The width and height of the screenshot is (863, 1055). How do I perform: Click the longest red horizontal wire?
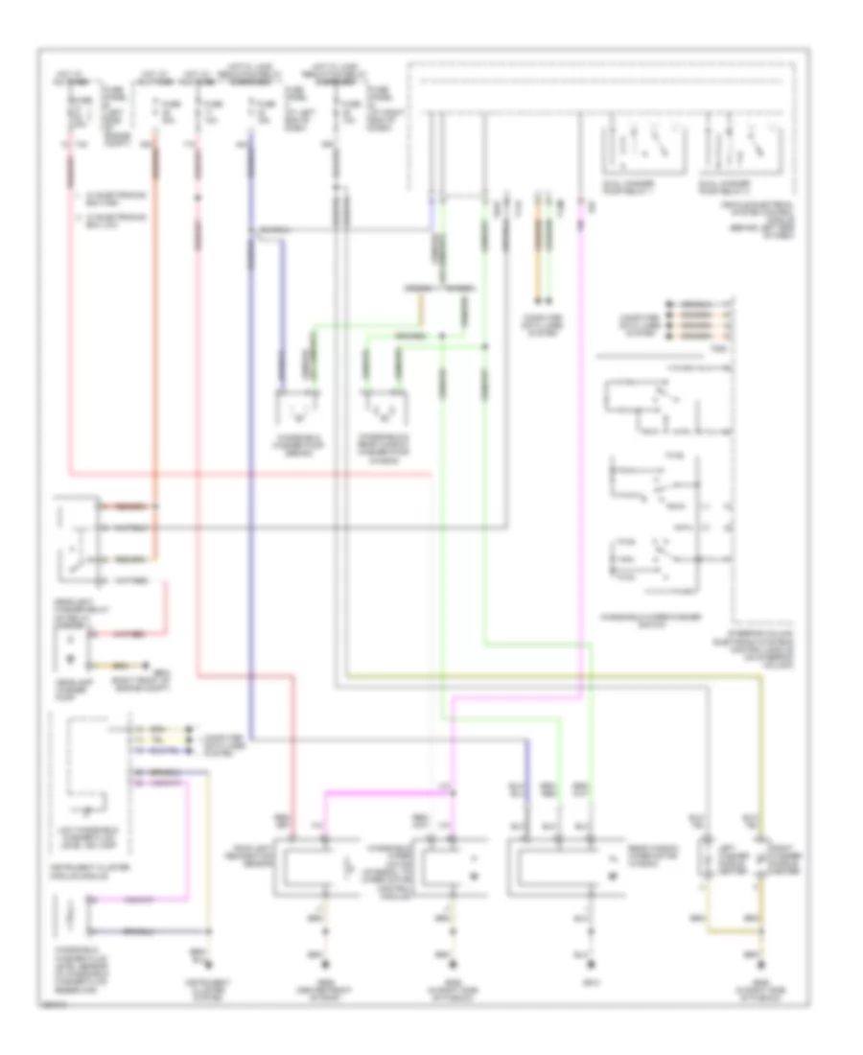[x=249, y=474]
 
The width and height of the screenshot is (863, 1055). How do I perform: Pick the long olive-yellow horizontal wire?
[x=556, y=675]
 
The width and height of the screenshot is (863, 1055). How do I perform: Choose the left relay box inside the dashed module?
[x=630, y=145]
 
